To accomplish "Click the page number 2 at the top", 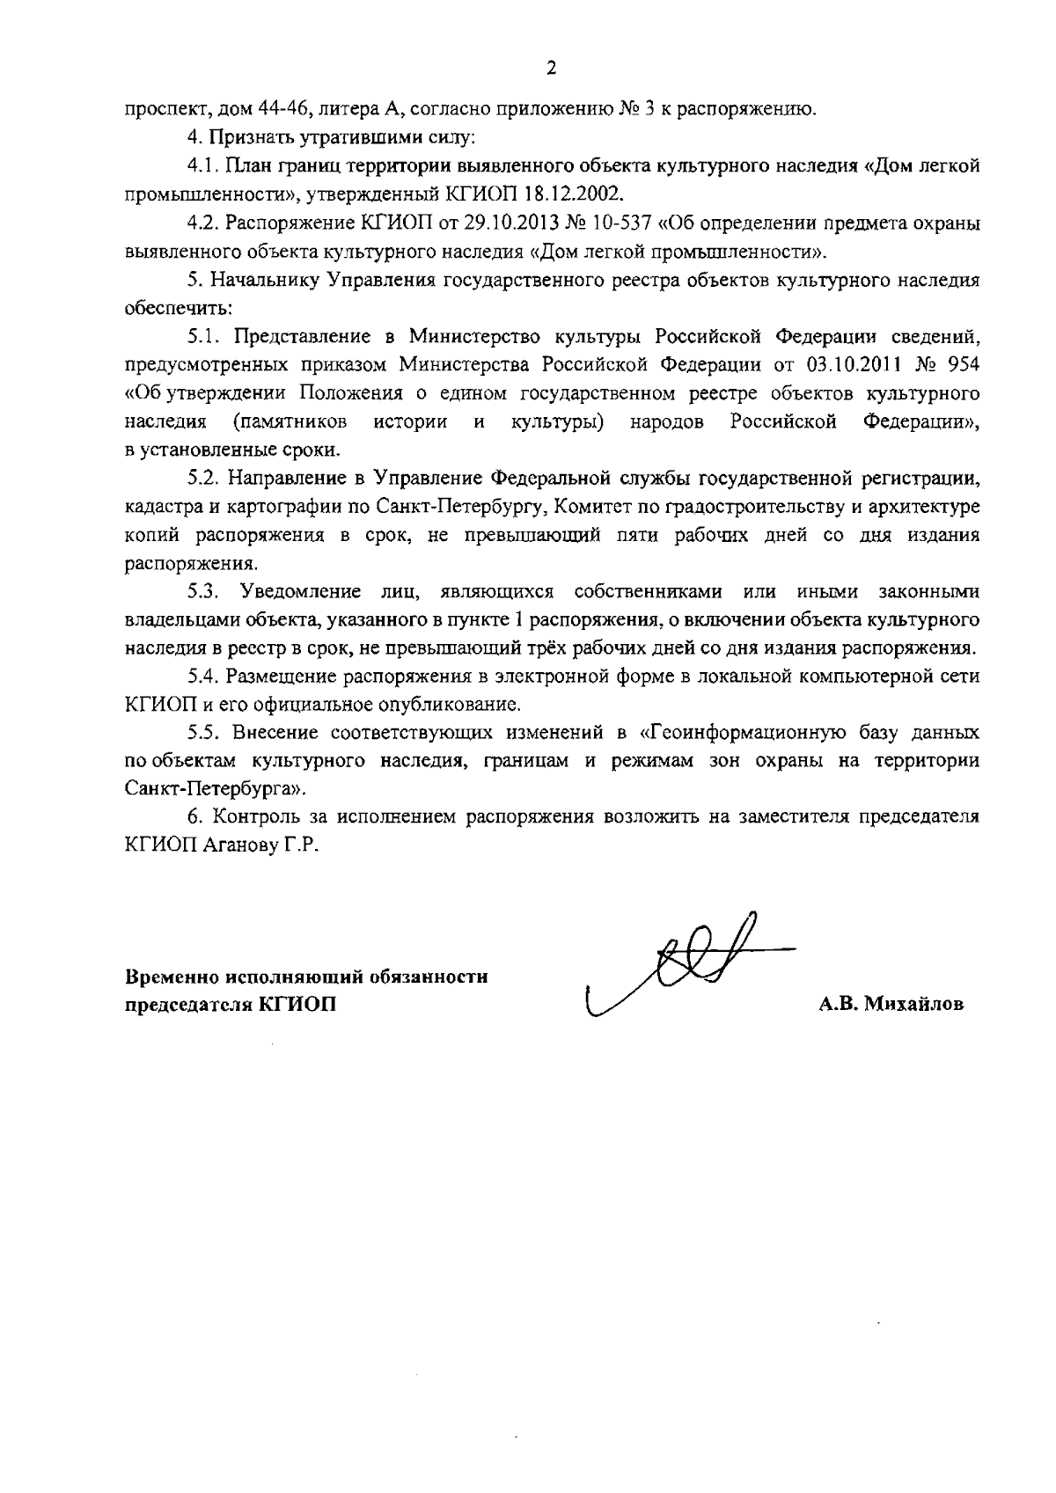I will [x=551, y=68].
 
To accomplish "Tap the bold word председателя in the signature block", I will [x=184, y=1004].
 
